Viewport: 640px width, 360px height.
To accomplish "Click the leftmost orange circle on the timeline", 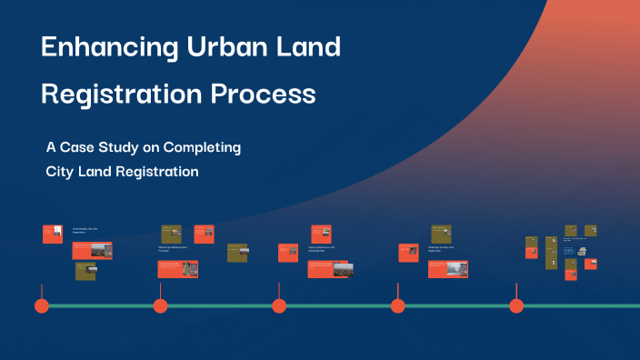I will [x=42, y=305].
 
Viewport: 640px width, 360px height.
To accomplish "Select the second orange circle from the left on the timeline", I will [x=161, y=305].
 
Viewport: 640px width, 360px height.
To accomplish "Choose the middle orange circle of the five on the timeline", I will [x=279, y=305].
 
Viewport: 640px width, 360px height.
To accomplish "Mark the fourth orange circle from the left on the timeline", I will [x=398, y=305].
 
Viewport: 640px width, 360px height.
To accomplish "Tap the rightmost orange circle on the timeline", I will [x=516, y=305].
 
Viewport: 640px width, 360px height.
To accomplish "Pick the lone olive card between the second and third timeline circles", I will [x=237, y=252].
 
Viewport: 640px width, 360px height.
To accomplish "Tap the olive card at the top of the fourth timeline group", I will [x=442, y=234].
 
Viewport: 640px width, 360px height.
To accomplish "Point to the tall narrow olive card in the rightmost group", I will [x=551, y=253].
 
